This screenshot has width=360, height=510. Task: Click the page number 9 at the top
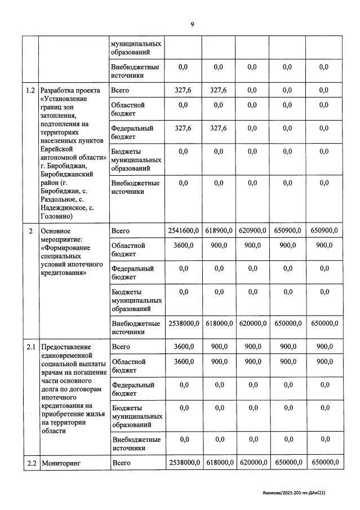[192, 24]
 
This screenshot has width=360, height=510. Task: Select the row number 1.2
[30, 90]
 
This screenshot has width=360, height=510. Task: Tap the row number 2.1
[30, 347]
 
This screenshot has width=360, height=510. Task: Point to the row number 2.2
[30, 463]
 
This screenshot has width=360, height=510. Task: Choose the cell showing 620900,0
[252, 230]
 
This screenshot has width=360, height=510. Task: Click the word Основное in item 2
[56, 231]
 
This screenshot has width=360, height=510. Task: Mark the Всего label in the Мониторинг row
[121, 463]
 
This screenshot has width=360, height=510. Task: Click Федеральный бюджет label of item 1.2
[132, 132]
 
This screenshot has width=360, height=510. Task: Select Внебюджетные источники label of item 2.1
[136, 444]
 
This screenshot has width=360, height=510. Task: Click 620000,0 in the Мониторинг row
[252, 463]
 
